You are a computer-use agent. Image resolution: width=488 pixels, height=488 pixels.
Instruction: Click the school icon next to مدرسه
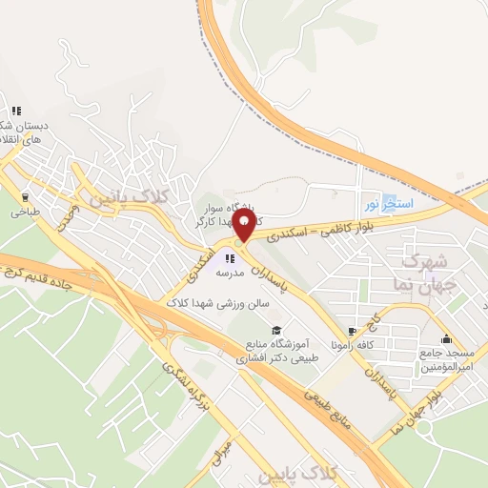tap(229, 257)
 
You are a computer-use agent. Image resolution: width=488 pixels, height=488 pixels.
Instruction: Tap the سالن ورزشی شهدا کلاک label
tap(217, 301)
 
